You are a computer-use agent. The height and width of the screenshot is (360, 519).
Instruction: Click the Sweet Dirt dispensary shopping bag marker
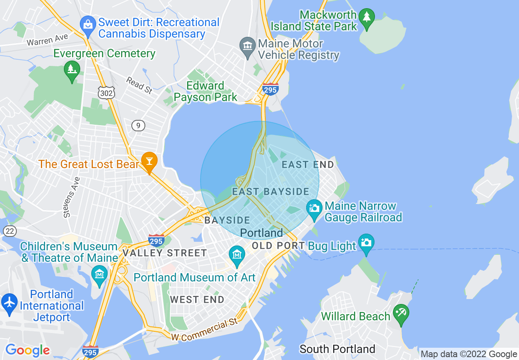[x=88, y=24]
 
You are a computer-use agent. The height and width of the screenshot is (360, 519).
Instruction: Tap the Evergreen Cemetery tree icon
[x=72, y=70]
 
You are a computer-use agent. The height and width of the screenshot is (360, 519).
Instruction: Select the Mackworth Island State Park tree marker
[x=367, y=18]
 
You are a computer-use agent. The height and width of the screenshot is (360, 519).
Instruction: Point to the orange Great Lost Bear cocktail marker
[x=149, y=161]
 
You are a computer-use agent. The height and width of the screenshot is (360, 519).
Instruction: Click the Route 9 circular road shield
[x=138, y=126]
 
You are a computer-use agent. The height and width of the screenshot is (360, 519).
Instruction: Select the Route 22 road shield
[x=10, y=231]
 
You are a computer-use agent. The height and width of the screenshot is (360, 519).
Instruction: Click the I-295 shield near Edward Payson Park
[x=271, y=89]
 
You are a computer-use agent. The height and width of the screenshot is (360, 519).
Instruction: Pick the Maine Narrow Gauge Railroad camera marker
[x=314, y=208]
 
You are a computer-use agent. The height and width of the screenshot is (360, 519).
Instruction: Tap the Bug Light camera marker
[x=366, y=242]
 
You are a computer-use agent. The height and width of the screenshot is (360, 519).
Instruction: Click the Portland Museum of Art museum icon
[x=237, y=255]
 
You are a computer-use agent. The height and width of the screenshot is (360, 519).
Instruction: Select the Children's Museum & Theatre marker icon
[x=99, y=274]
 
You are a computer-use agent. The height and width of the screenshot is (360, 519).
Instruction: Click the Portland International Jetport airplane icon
[x=9, y=302]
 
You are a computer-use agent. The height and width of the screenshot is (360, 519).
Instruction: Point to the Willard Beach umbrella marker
[x=401, y=313]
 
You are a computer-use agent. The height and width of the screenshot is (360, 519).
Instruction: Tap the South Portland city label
[x=337, y=349]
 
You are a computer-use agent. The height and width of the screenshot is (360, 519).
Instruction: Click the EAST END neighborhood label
[x=308, y=165]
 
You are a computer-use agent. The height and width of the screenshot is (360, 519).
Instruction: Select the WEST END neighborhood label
[x=197, y=299]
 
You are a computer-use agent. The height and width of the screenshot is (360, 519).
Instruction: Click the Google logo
[x=27, y=350]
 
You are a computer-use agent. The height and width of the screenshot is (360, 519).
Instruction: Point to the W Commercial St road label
[x=204, y=331]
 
